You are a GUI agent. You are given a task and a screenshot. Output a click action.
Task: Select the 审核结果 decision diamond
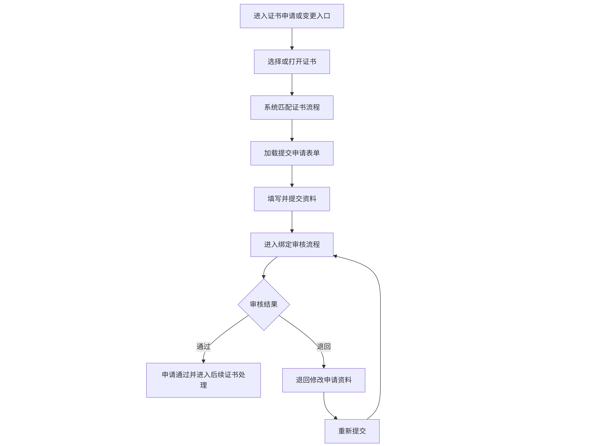[264, 304]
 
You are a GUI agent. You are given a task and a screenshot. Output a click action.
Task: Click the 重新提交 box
[352, 431]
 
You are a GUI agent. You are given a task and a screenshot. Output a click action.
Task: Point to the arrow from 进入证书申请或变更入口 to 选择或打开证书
[292, 39]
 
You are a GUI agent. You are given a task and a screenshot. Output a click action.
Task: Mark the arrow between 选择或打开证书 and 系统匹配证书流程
[292, 84]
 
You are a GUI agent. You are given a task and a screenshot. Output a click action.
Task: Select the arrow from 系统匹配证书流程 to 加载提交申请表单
[292, 130]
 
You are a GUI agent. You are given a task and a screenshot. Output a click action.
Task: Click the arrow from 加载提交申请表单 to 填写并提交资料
[292, 176]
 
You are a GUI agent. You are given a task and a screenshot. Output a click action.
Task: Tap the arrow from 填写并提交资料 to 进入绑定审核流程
[292, 222]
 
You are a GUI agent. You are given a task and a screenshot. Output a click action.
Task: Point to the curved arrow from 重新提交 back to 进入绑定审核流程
[380, 335]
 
